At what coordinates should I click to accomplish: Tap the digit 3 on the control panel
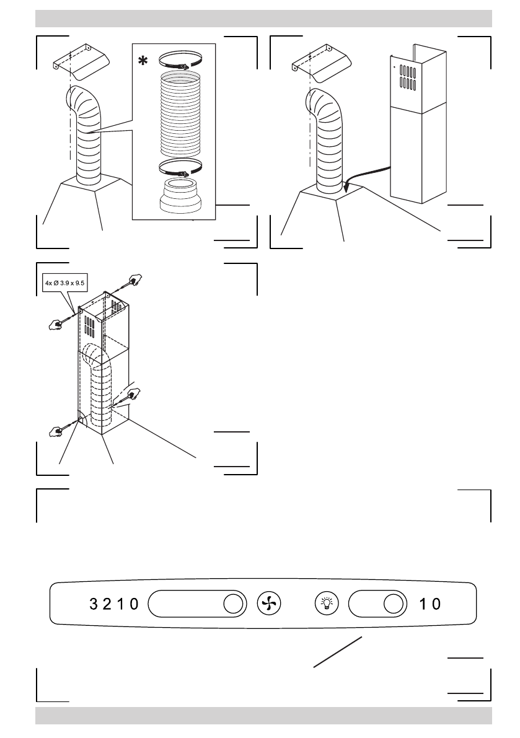point(94,604)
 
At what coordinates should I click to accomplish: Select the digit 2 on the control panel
point(107,604)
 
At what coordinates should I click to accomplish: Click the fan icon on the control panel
point(269,603)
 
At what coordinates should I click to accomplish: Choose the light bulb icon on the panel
point(325,603)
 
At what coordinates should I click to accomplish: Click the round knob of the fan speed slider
point(232,603)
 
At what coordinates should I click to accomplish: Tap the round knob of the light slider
point(392,603)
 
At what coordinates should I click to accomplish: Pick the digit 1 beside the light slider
point(423,604)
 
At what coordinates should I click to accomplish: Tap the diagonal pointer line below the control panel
point(338,652)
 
